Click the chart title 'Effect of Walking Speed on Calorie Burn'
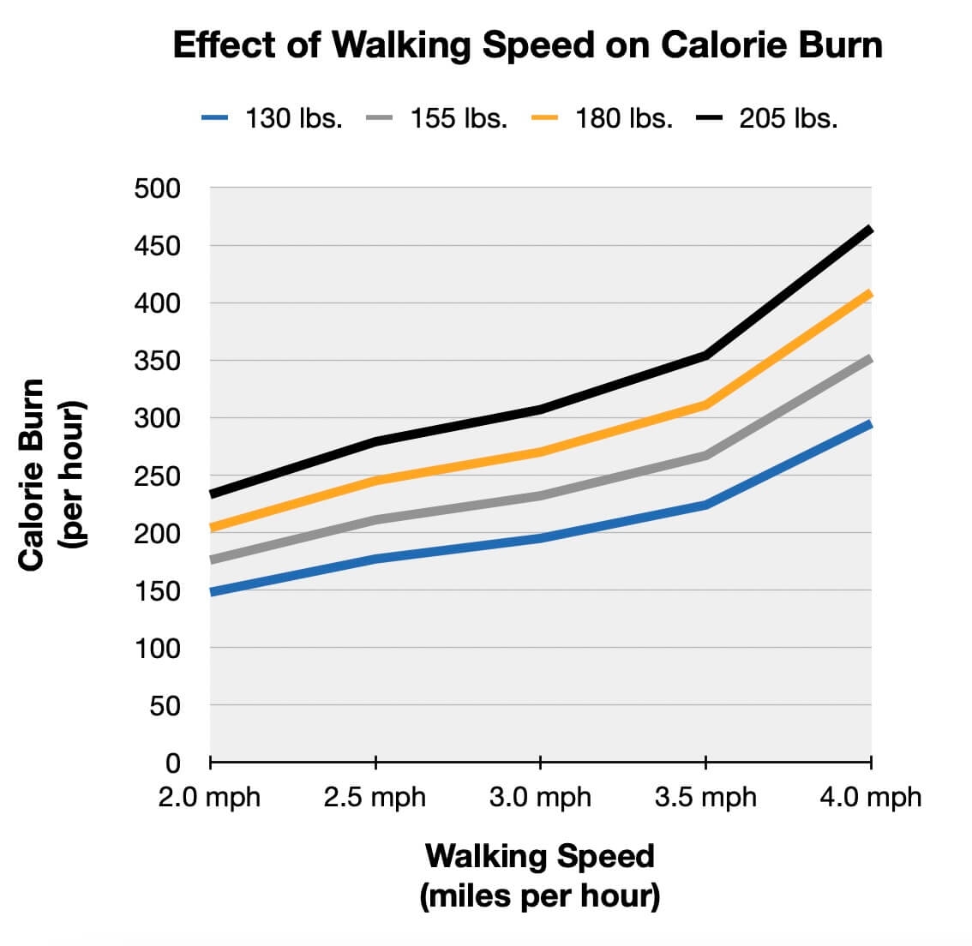[527, 45]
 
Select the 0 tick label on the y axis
[172, 763]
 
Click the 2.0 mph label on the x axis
[210, 798]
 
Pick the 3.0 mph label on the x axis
[540, 798]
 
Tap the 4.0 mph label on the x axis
[870, 798]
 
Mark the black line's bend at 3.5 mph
[705, 355]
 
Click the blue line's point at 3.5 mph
[705, 505]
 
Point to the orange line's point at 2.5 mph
[375, 481]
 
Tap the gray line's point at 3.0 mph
[540, 495]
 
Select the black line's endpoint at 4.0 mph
[869, 230]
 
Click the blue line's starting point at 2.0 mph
[212, 592]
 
